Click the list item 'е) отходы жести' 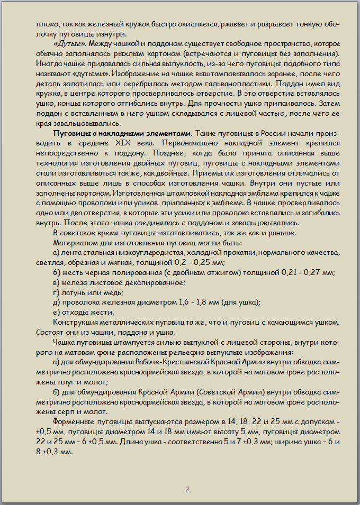click(79, 311)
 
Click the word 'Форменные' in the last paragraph click(74, 421)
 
